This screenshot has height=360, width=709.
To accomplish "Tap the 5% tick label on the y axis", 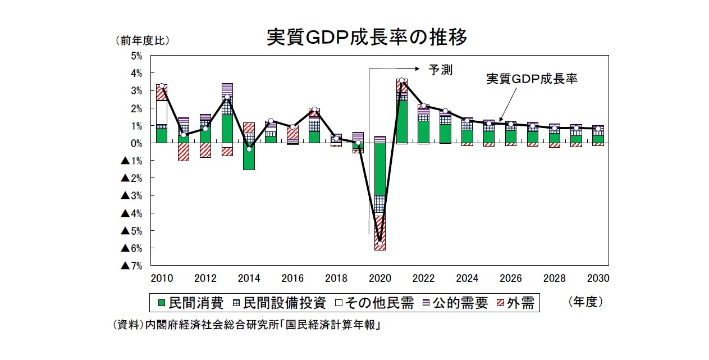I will point(136,56).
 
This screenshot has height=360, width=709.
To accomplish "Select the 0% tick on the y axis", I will point(136,144).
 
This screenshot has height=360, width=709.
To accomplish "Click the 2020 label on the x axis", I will point(379,279).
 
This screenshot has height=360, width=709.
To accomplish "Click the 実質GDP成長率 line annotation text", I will point(532,79).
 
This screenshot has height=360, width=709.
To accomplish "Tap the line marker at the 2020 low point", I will point(380,243).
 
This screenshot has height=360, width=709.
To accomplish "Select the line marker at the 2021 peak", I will point(402,81).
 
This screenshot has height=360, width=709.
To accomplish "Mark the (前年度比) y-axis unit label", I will point(142,40).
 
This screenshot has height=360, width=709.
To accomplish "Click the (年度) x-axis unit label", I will point(586,302).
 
